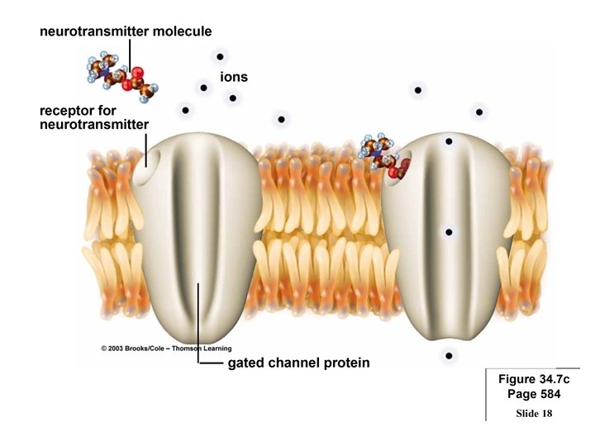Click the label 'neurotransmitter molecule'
coord(126,31)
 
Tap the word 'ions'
coord(234,77)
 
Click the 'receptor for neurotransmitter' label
coord(93,116)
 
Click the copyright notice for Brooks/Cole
coord(166,349)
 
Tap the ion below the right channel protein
coord(449,356)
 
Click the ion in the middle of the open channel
coord(449,233)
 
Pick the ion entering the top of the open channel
coord(449,142)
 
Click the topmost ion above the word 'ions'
coord(220,57)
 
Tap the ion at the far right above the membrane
coord(478,111)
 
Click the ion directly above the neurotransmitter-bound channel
coord(419,90)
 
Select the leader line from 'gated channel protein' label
coord(199,330)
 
